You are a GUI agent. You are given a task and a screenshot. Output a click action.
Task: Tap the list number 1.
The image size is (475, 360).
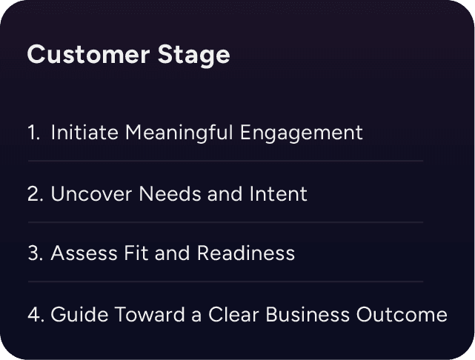coord(33,133)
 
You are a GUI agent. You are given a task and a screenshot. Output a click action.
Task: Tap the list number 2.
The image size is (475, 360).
coord(35,195)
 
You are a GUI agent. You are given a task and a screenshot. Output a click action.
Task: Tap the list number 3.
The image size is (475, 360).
coord(35,254)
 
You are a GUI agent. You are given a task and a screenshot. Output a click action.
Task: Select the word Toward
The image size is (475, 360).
coord(137,315)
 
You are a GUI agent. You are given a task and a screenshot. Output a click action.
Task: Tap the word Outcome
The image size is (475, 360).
coord(403,315)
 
